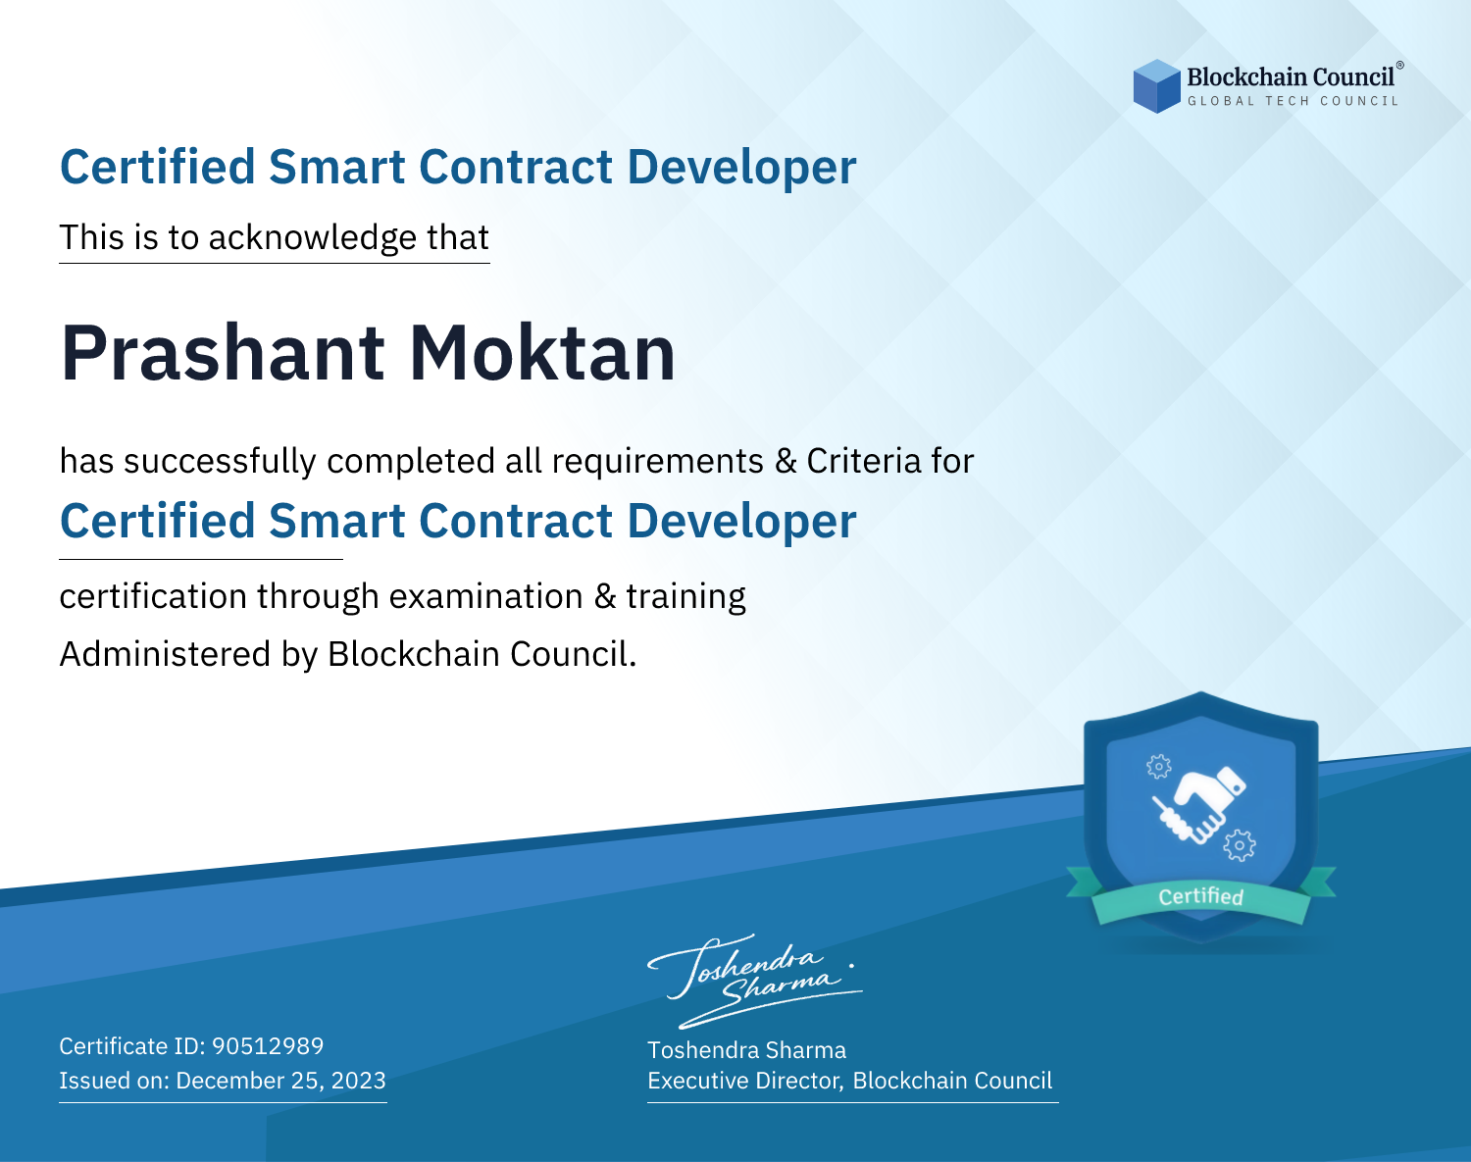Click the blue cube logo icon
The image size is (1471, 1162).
point(1156,86)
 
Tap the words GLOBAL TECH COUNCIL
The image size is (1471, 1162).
point(1293,101)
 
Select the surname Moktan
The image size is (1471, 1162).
point(542,353)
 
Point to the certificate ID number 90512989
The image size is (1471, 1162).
point(268,1045)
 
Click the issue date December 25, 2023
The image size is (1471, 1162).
point(280,1080)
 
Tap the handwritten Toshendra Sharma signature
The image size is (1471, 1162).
point(755,981)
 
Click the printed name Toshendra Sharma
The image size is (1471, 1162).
point(746,1050)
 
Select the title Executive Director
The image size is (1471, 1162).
point(744,1081)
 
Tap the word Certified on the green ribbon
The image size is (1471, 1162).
point(1201,896)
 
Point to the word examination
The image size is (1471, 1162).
point(486,596)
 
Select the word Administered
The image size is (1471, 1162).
point(165,653)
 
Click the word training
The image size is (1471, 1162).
point(685,597)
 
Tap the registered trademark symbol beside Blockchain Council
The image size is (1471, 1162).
point(1399,66)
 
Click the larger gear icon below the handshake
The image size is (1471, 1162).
point(1240,845)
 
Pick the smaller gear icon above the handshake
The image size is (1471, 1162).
point(1158,766)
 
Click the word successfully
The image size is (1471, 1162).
point(220,462)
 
